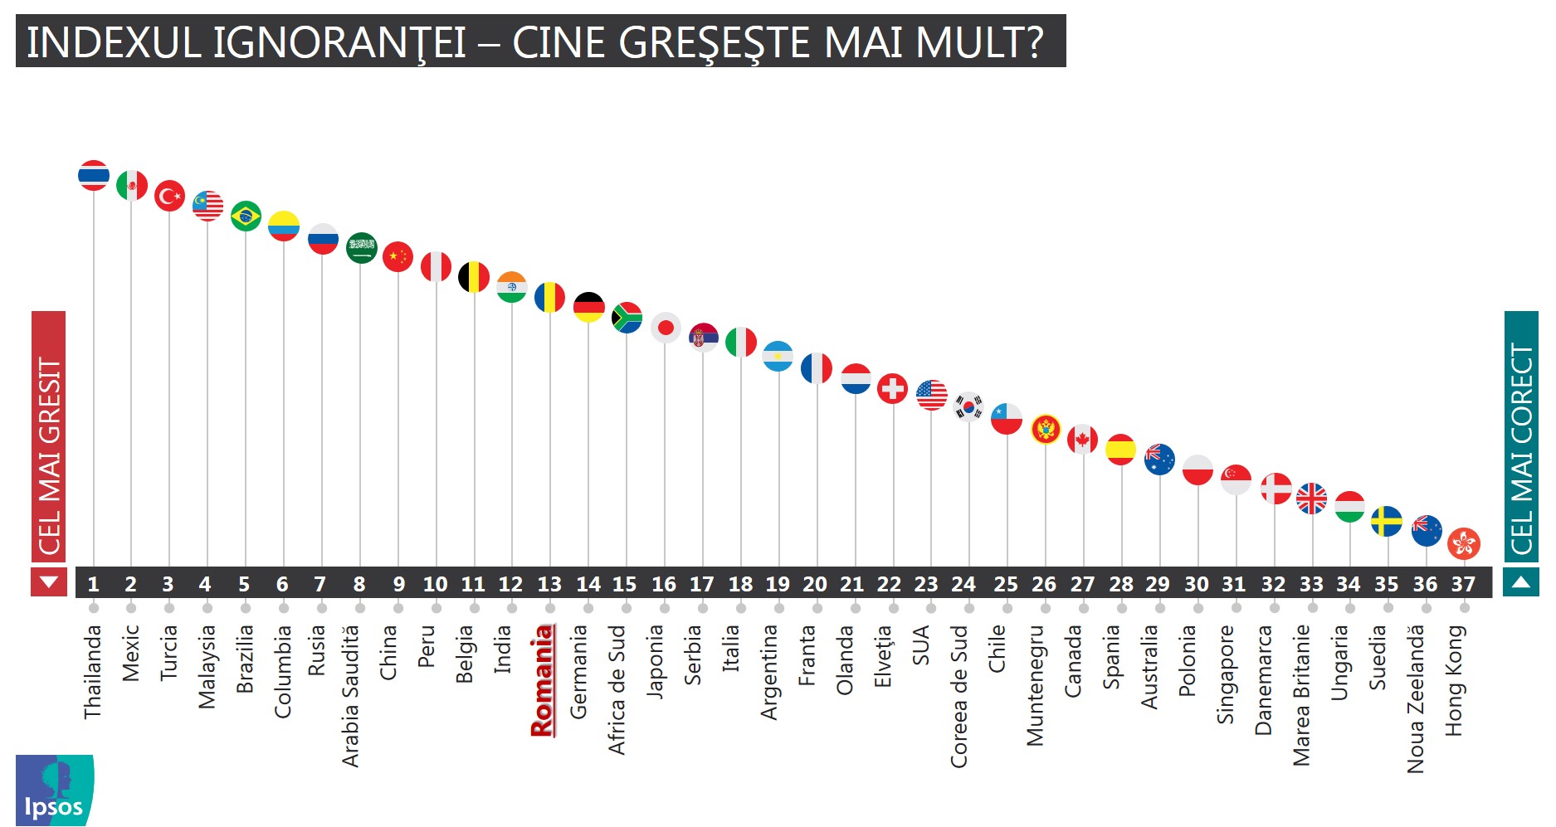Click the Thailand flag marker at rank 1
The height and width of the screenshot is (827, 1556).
[x=94, y=176]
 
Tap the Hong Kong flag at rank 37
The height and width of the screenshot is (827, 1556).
[x=1463, y=544]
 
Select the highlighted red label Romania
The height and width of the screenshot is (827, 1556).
[x=543, y=681]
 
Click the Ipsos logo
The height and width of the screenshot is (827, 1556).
[x=54, y=790]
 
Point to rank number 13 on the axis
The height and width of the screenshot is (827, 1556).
[x=549, y=585]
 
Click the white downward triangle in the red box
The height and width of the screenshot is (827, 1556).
[x=49, y=582]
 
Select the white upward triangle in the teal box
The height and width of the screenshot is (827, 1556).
[x=1520, y=582]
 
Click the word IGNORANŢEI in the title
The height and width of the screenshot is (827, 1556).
[x=339, y=43]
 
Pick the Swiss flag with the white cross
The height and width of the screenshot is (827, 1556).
[x=892, y=388]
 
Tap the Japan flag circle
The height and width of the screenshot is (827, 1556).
[x=666, y=328]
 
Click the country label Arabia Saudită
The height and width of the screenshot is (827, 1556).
[x=351, y=696]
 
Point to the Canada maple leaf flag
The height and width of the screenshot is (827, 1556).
[x=1082, y=439]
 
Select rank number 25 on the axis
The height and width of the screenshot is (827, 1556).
[x=1006, y=585]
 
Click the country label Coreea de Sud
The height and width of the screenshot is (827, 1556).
[x=959, y=696]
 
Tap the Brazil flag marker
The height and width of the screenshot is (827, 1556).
[x=246, y=216]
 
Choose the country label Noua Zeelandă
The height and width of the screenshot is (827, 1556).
[x=1416, y=698]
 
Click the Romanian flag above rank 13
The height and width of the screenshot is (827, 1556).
[x=549, y=297]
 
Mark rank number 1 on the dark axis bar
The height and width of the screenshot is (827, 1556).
[x=94, y=585]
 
